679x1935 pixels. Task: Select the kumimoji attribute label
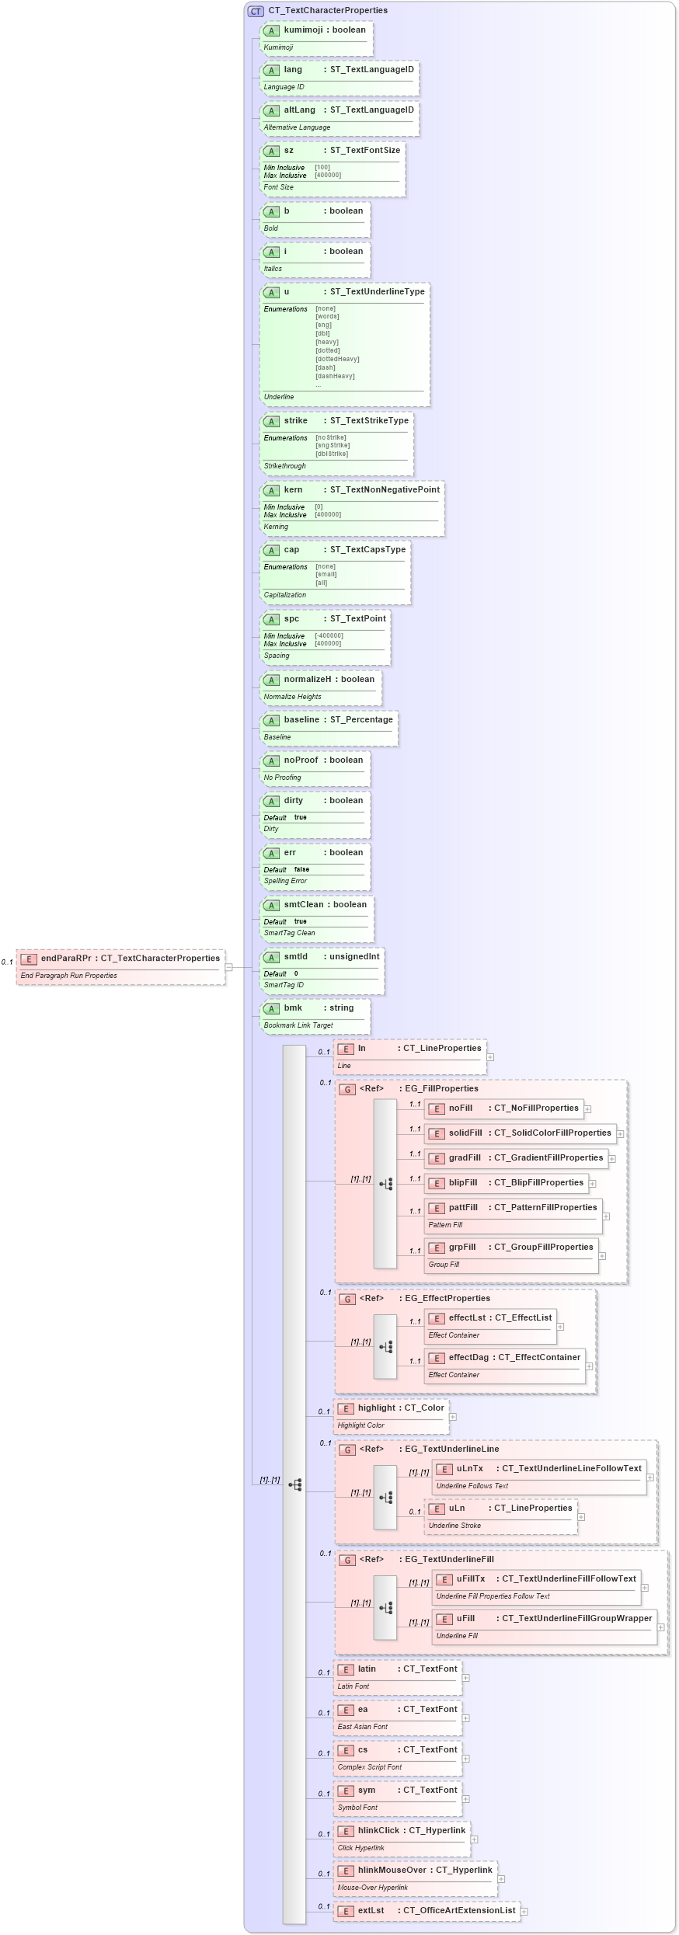(x=303, y=30)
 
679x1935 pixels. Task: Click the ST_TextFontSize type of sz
(x=365, y=151)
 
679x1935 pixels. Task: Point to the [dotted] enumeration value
(x=328, y=350)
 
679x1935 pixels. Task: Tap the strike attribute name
(x=296, y=421)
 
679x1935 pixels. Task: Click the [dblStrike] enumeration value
(x=332, y=454)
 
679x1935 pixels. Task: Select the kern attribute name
(x=293, y=490)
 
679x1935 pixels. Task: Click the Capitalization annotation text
(x=285, y=595)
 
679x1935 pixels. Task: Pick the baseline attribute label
(x=301, y=720)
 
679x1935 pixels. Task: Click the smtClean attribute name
(x=304, y=905)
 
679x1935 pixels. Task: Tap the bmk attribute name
(x=293, y=1008)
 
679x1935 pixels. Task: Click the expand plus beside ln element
(x=490, y=1057)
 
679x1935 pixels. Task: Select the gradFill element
(x=465, y=1158)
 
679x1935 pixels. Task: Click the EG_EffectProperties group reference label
(x=447, y=1299)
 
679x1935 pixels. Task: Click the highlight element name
(x=377, y=1408)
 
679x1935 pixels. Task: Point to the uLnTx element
(x=469, y=1469)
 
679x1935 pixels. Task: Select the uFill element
(x=465, y=1619)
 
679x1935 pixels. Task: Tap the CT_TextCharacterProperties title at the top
(x=328, y=11)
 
